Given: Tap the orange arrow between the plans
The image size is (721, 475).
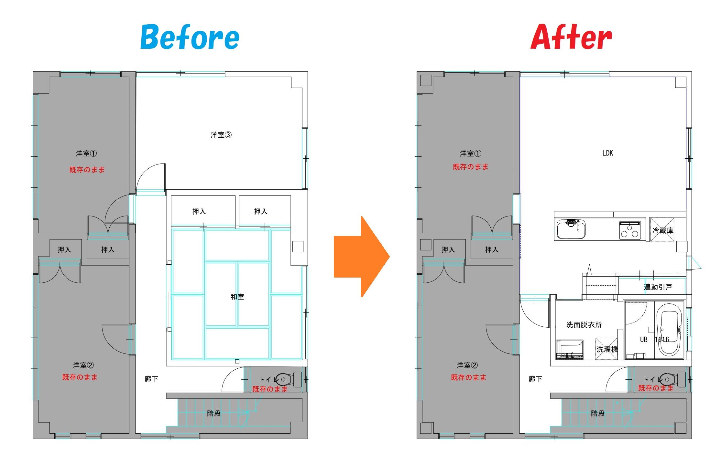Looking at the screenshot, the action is coord(362,257).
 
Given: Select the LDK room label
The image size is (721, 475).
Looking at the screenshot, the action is coord(607,153).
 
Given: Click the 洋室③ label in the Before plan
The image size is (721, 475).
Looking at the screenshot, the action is coord(221,135).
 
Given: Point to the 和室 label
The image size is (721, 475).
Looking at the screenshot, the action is coord(237,297).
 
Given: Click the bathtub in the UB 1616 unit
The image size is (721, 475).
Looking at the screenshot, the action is coord(669,333).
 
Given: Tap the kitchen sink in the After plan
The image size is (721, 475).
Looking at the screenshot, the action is coord(571,228).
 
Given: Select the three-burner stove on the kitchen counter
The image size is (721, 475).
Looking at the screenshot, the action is coord(629,230).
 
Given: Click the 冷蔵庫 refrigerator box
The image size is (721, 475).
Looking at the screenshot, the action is coord(662,230).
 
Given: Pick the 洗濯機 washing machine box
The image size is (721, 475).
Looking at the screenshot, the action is coord(606,349).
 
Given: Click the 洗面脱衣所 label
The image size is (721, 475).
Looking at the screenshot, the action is coord(584,325).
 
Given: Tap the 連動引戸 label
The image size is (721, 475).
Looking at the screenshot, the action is coord(658,287).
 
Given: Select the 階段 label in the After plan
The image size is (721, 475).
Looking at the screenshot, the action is coord(598,413).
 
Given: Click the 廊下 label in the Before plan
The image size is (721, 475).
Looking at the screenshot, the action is coord(151,379).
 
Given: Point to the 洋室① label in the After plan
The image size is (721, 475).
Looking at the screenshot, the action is coord(470,153).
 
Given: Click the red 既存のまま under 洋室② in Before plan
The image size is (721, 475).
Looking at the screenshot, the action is coord(80,377).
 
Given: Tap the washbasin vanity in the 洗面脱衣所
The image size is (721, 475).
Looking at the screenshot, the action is coord(570,350).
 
